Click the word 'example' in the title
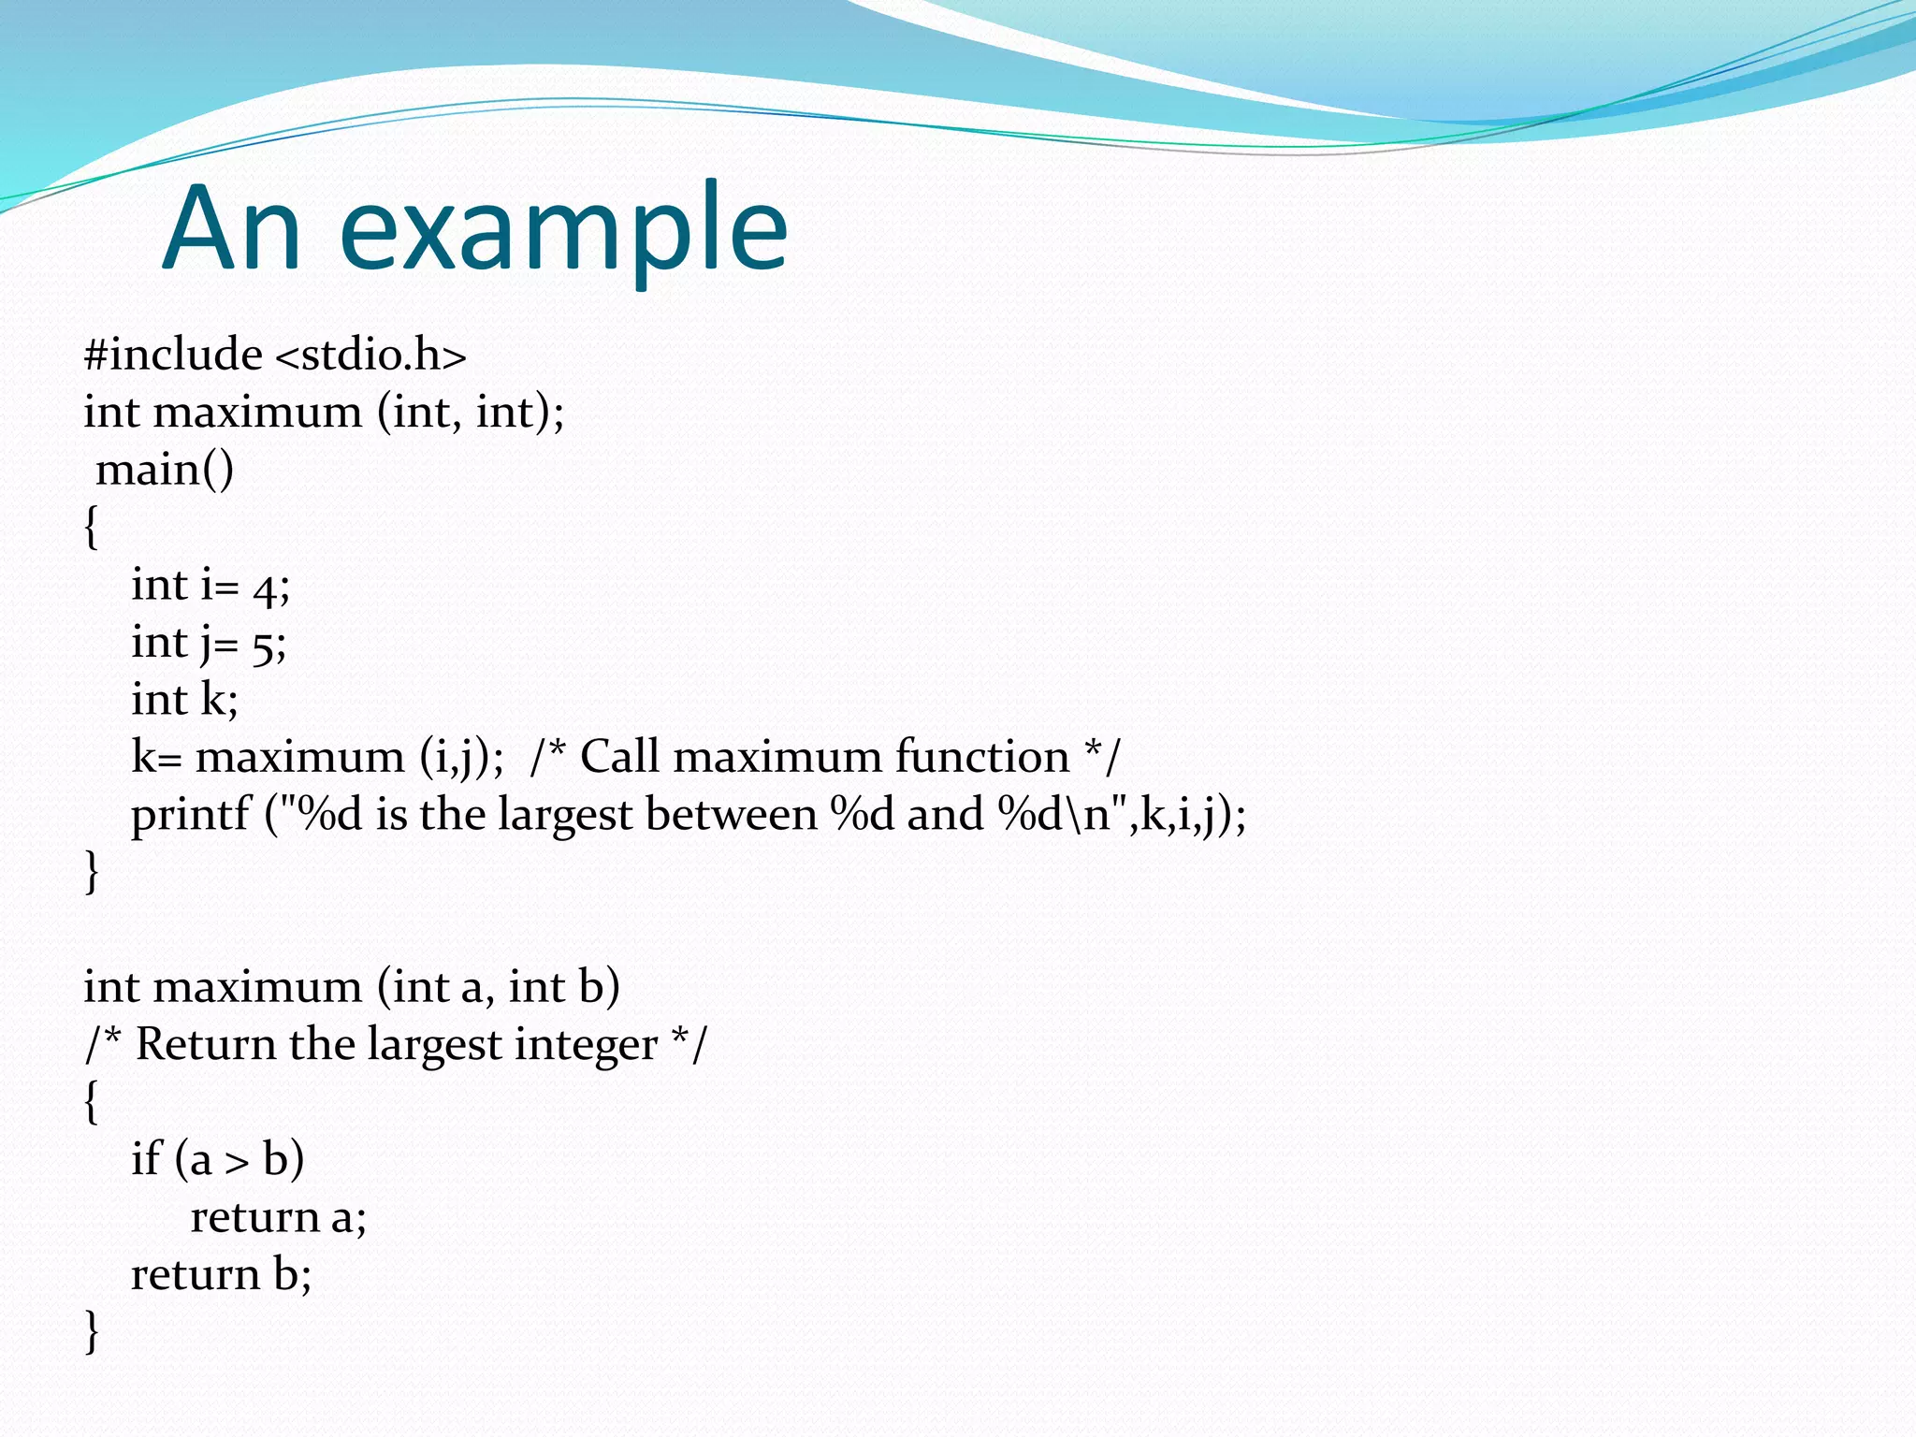click(x=564, y=229)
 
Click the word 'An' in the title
click(x=231, y=229)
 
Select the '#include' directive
click(x=173, y=355)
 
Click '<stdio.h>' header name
click(x=370, y=355)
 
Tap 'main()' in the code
click(x=165, y=470)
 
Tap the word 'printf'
click(x=191, y=815)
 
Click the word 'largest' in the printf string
click(x=565, y=815)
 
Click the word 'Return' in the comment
click(x=206, y=1044)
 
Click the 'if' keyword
click(x=146, y=1159)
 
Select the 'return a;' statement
click(x=278, y=1217)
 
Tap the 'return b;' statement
click(x=221, y=1274)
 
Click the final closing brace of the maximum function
click(x=91, y=1330)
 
